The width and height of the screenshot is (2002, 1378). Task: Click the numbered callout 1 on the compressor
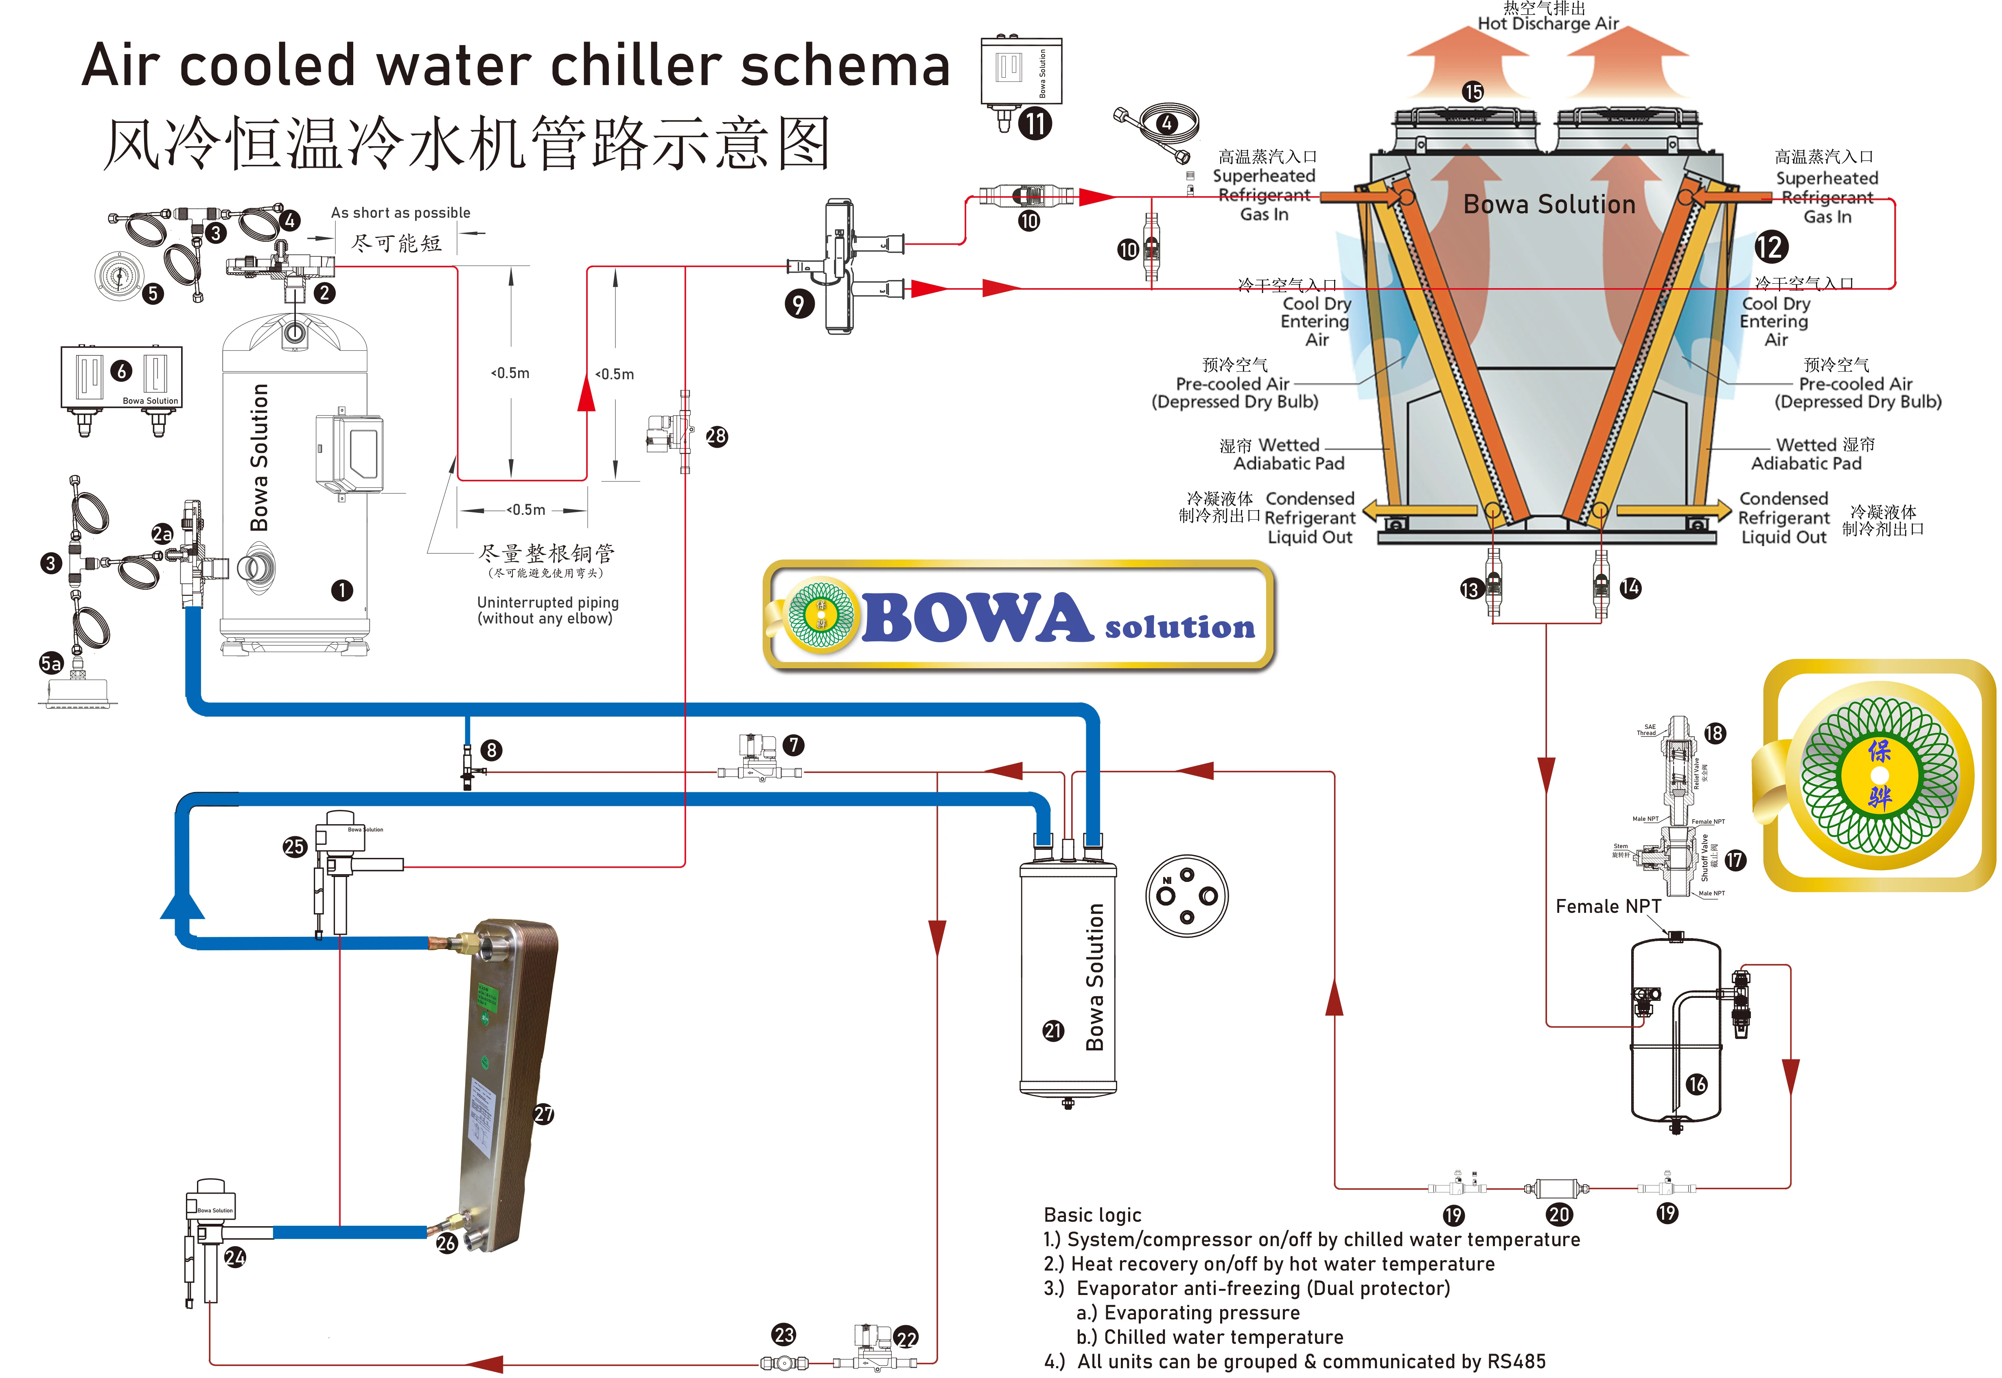tap(342, 591)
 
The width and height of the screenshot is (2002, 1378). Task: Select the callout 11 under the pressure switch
tap(1035, 123)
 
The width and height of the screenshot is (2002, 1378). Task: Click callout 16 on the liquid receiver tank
tap(1696, 1085)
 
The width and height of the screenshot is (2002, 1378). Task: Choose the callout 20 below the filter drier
tap(1558, 1215)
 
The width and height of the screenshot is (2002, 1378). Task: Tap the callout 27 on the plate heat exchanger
tap(543, 1115)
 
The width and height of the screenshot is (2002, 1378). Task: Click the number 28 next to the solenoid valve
tap(717, 436)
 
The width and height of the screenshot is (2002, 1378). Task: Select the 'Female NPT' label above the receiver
tap(1608, 907)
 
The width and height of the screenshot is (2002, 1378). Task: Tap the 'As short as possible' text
tap(400, 212)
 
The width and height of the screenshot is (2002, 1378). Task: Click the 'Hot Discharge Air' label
tap(1548, 23)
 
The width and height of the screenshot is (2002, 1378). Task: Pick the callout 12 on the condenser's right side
tap(1770, 247)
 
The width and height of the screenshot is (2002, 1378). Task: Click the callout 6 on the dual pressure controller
tap(122, 371)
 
